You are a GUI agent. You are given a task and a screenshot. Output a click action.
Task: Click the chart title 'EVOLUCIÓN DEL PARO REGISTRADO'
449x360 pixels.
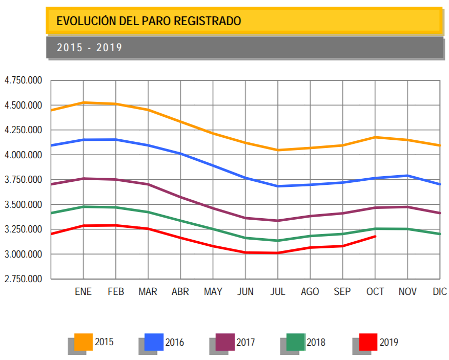coord(149,21)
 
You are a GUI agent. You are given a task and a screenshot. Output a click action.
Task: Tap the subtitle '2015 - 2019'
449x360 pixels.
coord(90,48)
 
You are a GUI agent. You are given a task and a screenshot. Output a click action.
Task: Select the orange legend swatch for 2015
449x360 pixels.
coord(83,342)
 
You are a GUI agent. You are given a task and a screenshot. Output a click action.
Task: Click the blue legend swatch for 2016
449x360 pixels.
coord(154,342)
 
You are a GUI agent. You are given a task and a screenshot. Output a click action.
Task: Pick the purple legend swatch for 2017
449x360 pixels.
coord(225,342)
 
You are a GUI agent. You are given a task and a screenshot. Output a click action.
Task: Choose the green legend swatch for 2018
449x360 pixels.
coord(295,342)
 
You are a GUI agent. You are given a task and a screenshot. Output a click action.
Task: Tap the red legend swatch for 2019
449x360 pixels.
coord(368,342)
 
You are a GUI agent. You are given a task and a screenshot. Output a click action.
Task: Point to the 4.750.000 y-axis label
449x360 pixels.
coord(23,80)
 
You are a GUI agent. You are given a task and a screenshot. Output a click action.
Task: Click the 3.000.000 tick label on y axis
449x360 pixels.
coord(23,254)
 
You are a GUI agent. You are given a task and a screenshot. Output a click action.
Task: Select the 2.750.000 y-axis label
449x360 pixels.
coord(23,279)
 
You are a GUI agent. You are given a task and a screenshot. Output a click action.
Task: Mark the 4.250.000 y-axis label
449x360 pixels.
coord(23,130)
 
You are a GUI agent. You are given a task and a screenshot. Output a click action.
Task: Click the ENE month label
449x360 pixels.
coord(83,292)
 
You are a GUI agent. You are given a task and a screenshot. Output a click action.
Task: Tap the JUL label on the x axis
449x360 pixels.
coord(278,292)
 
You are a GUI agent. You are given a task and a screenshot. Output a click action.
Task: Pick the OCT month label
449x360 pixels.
coord(375,292)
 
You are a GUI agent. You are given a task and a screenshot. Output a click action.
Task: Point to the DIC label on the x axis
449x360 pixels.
coord(440,292)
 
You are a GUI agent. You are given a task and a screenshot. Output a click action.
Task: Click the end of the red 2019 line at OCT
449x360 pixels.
coord(375,236)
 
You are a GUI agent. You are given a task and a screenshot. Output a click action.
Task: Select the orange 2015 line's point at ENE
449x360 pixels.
coord(83,102)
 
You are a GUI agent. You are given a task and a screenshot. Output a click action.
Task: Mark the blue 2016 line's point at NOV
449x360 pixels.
coord(407,176)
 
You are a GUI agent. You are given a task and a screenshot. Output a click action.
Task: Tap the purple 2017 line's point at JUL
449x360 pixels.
coord(278,221)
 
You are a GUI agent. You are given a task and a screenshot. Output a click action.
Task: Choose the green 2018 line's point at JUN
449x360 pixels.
coord(246,238)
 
